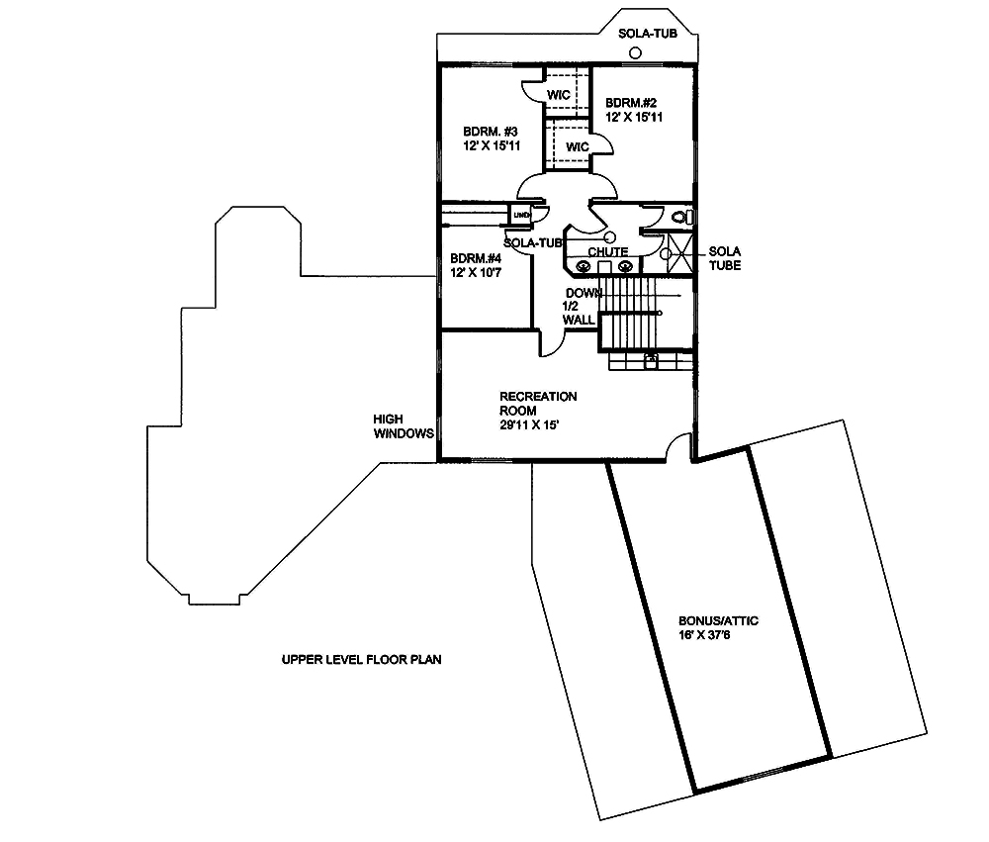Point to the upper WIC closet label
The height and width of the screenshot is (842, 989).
coord(559,94)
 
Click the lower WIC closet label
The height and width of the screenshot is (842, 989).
coord(578,146)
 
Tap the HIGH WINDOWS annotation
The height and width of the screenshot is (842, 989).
coord(404,425)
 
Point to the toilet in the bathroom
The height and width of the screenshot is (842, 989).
coord(678,217)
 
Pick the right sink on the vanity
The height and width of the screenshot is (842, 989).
coord(624,265)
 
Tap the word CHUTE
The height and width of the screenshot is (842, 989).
coord(607,252)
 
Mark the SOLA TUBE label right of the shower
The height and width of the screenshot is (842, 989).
coord(724,258)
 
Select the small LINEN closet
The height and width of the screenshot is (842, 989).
coord(521,214)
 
